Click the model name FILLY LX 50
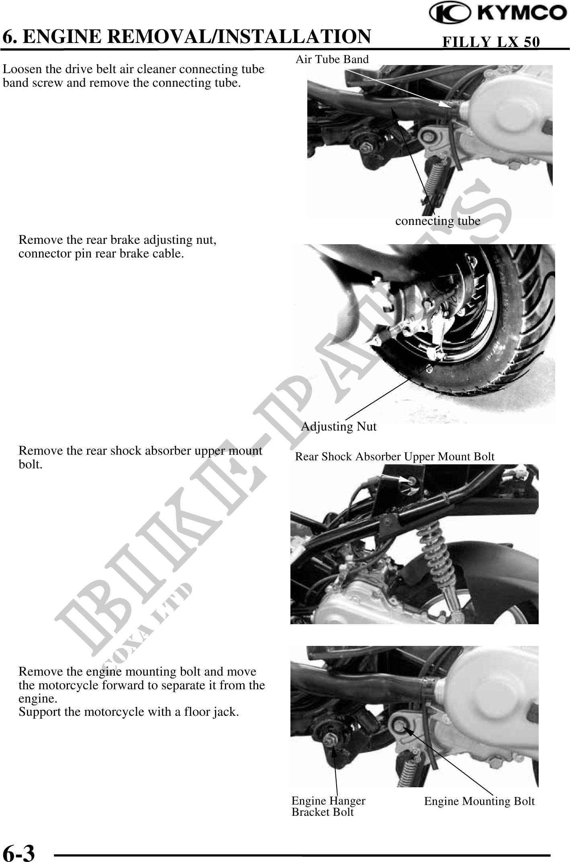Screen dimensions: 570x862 (x=490, y=42)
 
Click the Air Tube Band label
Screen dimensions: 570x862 (x=332, y=59)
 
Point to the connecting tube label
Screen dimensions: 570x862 (x=438, y=221)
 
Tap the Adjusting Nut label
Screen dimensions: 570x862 (x=339, y=426)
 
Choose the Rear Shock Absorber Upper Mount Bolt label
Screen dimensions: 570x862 (x=395, y=457)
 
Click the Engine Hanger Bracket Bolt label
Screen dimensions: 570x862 (x=329, y=806)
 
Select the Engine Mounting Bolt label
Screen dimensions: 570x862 (x=479, y=801)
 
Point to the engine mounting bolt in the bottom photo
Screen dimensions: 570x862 (x=398, y=725)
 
